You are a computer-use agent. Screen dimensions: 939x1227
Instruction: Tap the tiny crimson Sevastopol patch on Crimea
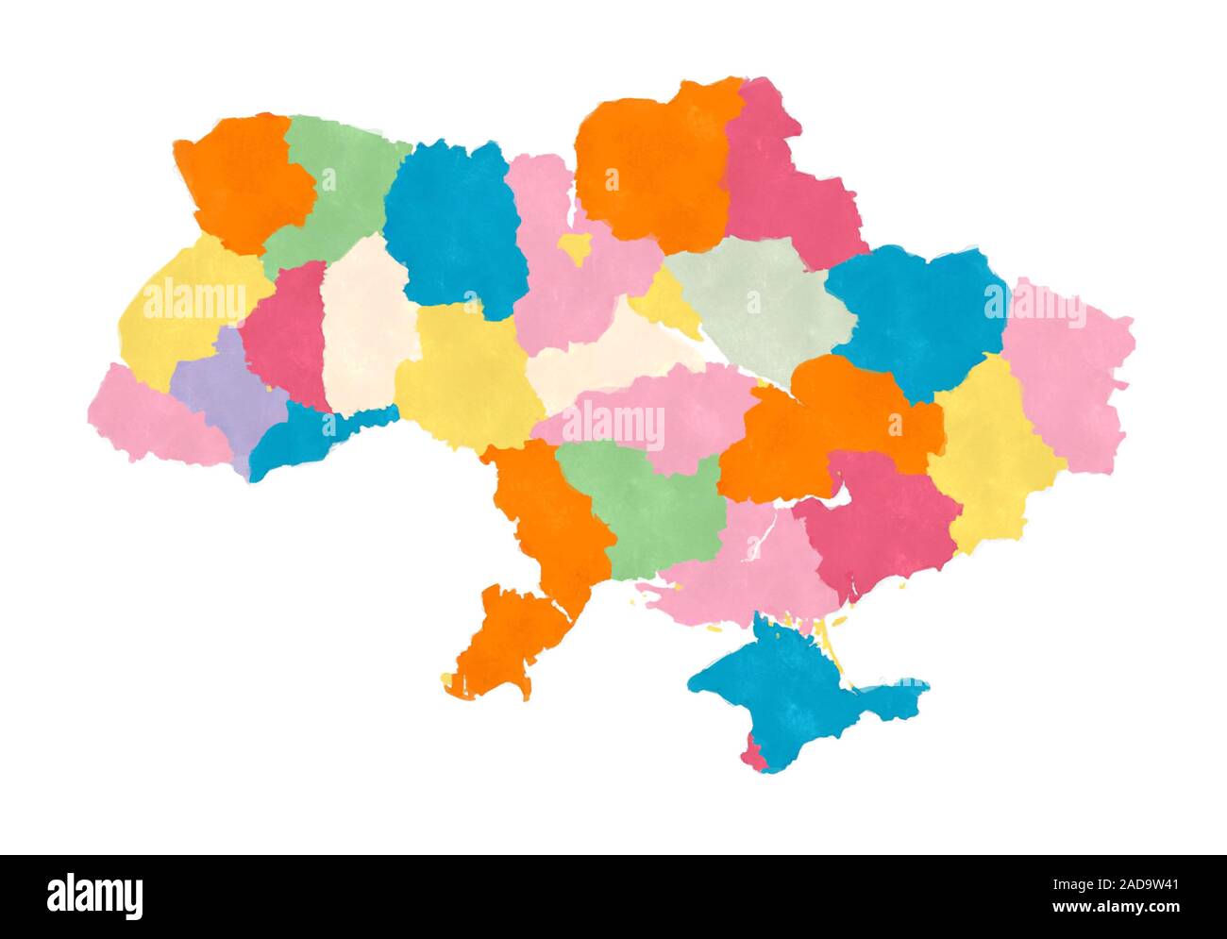752,755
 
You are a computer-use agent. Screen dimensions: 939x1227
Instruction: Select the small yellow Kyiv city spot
574,247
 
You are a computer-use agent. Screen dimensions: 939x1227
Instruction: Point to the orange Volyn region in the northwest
244,179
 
